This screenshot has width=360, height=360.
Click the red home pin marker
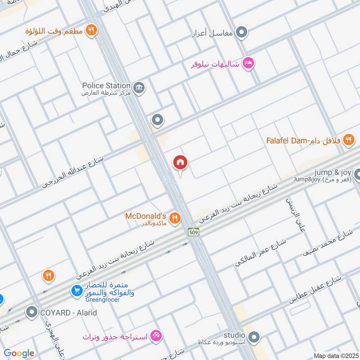(x=180, y=163)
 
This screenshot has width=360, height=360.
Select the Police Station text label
(x=106, y=85)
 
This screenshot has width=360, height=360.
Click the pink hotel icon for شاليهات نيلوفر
(x=247, y=64)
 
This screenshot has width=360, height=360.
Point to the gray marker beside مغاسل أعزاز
(x=242, y=32)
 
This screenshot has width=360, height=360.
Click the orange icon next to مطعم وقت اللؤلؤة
(x=92, y=31)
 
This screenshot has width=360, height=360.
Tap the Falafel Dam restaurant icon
(x=348, y=141)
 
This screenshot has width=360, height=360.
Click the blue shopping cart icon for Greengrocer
(x=76, y=291)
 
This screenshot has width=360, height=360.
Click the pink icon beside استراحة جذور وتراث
(x=156, y=335)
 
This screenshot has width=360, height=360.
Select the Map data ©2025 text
(x=335, y=356)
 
